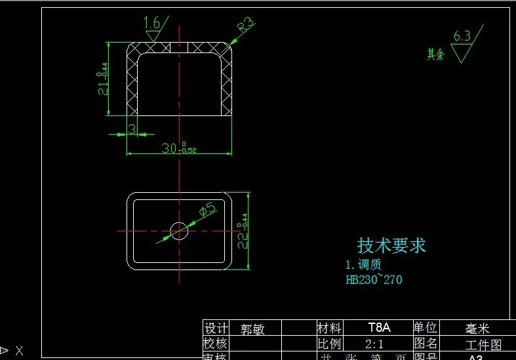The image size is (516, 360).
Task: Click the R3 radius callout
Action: pos(246,26)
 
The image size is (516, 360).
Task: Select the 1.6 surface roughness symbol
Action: pos(152,24)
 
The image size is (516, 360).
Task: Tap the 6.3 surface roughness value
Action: pos(462,37)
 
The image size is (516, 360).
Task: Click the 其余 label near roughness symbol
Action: pos(436,54)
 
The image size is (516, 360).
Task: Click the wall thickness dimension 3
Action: pos(131,130)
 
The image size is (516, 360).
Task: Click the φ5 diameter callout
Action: pos(207,210)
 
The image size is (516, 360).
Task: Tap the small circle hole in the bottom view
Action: pos(179,230)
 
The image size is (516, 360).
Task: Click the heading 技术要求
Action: pos(391,246)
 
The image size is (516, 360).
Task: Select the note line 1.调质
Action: pos(363,265)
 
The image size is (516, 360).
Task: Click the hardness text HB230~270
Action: pos(374,280)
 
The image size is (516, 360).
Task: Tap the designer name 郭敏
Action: pos(252,329)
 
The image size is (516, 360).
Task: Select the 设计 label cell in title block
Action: pos(216,328)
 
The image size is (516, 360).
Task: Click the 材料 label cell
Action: pos(329,327)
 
